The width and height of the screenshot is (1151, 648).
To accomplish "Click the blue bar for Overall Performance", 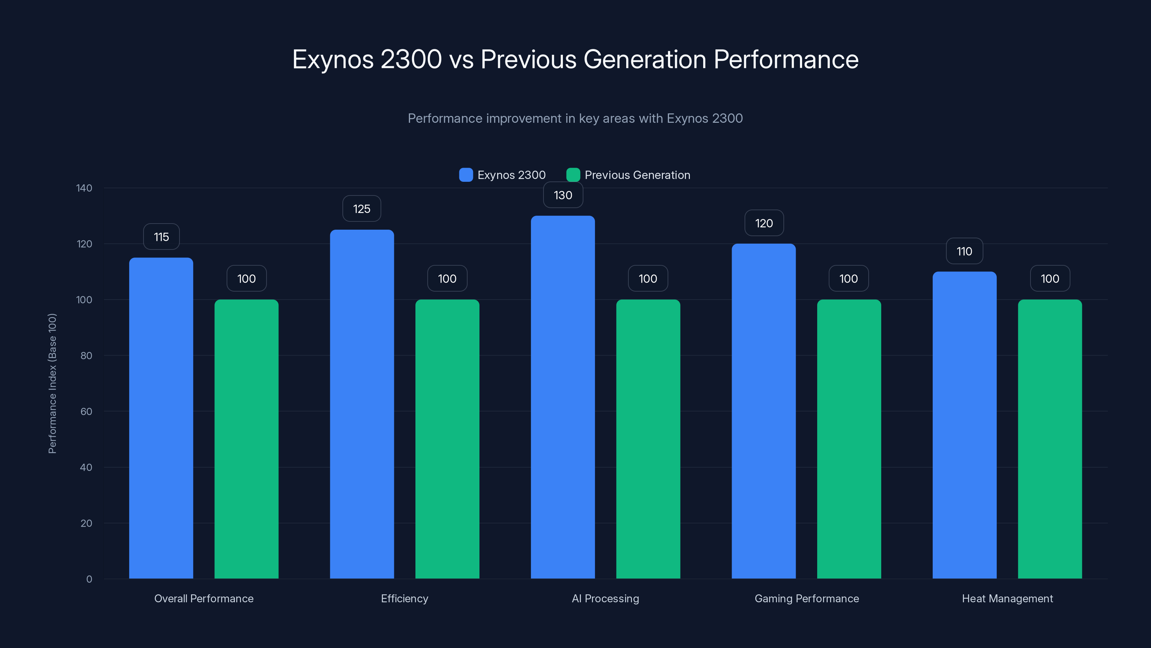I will pyautogui.click(x=161, y=418).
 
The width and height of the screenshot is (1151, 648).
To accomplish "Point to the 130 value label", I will pyautogui.click(x=563, y=195).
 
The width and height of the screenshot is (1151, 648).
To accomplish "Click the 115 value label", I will pyautogui.click(x=161, y=237).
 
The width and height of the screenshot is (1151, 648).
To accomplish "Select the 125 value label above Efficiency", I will pyautogui.click(x=361, y=208).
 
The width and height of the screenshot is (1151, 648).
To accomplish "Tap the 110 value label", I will pyautogui.click(x=964, y=251).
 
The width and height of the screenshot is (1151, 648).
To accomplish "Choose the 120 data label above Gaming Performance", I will pyautogui.click(x=764, y=223).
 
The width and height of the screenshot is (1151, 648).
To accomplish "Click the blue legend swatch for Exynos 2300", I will pyautogui.click(x=465, y=175).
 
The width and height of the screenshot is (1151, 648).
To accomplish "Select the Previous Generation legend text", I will pyautogui.click(x=637, y=175).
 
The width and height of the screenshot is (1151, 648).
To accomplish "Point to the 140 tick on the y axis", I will pyautogui.click(x=84, y=188).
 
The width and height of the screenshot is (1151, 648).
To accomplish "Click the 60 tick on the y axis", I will pyautogui.click(x=86, y=411).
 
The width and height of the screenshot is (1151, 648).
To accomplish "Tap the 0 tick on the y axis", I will pyautogui.click(x=89, y=579).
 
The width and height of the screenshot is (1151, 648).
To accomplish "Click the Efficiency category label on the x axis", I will pyautogui.click(x=404, y=598).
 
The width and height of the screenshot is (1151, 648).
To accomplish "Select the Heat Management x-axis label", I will pyautogui.click(x=1007, y=598).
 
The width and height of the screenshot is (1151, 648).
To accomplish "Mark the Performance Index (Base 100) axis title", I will pyautogui.click(x=52, y=383).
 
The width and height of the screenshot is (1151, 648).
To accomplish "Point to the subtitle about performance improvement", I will pyautogui.click(x=575, y=118).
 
